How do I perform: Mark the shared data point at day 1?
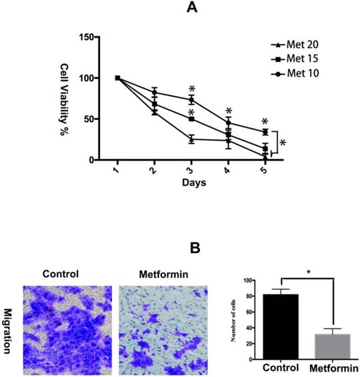[118, 78]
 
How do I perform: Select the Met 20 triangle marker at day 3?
[191, 139]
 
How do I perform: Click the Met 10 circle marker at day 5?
[265, 132]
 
